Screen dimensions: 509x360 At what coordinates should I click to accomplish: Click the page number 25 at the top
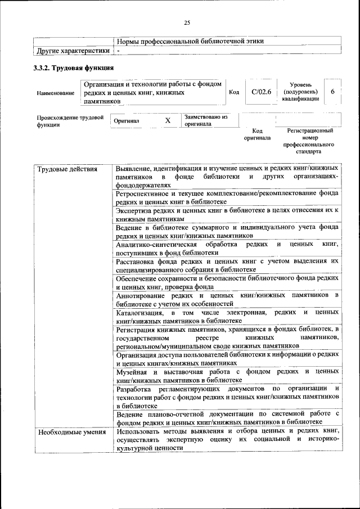click(x=187, y=22)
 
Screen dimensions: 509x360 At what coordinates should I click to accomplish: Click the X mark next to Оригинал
click(x=167, y=121)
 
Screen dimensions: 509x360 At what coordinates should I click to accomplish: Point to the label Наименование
click(x=55, y=93)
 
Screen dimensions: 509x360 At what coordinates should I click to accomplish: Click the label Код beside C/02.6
click(x=235, y=92)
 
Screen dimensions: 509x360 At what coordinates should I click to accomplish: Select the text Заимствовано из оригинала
click(x=205, y=120)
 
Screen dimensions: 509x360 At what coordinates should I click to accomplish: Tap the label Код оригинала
click(x=257, y=134)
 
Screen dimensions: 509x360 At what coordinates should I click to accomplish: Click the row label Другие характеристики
click(x=73, y=51)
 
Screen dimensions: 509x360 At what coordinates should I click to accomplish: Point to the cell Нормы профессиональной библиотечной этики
click(x=190, y=41)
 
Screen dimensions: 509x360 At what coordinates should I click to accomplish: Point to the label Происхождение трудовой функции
click(x=70, y=121)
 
